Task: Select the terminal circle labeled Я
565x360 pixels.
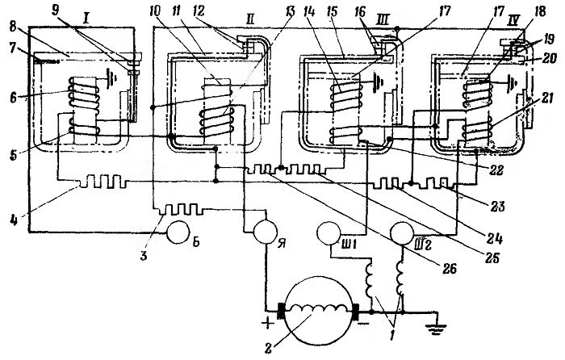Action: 266,232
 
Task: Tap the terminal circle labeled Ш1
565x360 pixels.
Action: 329,233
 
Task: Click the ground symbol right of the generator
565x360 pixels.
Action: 436,326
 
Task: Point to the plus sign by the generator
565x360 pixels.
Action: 268,324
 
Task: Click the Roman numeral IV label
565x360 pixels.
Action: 513,20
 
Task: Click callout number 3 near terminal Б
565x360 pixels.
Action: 144,256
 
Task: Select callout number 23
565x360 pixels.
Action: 497,207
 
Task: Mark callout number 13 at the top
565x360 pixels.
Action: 288,11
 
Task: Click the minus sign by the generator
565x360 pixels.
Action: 364,324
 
